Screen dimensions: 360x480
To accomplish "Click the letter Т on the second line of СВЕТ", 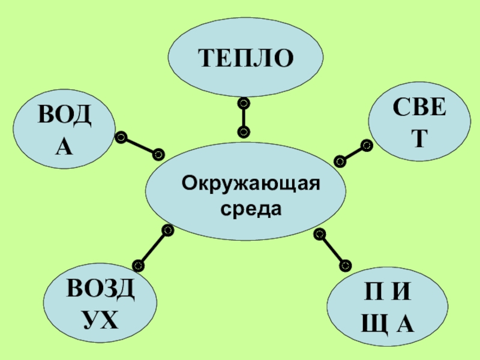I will point(419,139).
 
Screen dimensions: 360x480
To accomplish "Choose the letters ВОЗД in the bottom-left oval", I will point(101,290).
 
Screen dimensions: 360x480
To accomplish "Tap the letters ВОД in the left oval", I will point(65,116).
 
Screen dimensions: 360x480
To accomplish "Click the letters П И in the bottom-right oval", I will point(388,296).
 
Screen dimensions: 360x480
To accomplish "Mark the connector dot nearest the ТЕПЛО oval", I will point(243,103).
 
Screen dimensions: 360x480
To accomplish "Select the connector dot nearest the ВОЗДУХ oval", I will point(137,264).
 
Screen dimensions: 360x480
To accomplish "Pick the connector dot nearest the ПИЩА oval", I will point(345,263).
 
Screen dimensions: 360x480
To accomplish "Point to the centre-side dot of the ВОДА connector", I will point(158,154).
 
